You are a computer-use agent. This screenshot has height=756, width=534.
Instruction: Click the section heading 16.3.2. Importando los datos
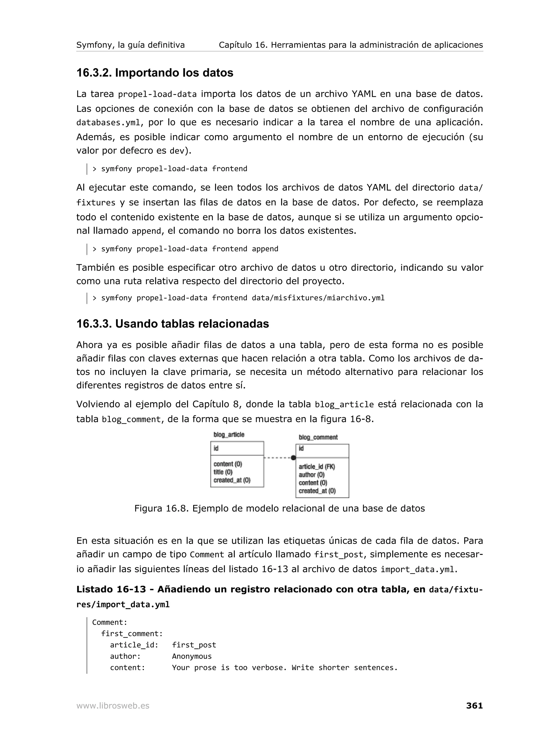tap(155, 73)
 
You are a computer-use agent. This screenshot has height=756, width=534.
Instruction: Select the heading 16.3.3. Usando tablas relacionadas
tap(172, 324)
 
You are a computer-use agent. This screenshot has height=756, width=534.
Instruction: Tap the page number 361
tap(474, 705)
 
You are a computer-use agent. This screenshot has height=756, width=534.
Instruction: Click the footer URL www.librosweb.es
tap(113, 706)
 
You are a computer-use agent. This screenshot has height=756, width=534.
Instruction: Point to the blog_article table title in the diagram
tap(229, 435)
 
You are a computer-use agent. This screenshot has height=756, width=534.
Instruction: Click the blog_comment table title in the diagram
tap(318, 437)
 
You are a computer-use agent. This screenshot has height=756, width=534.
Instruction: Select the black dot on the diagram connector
tap(293, 458)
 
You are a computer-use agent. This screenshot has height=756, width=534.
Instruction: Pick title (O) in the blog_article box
tap(223, 472)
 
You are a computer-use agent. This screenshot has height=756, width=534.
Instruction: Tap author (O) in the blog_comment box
tap(312, 475)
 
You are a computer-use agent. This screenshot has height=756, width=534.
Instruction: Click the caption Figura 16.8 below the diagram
tap(279, 508)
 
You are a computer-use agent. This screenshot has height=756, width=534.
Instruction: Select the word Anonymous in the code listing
tap(192, 656)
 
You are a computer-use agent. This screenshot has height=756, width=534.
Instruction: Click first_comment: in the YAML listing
tap(132, 633)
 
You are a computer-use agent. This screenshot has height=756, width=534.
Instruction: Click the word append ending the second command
tap(265, 249)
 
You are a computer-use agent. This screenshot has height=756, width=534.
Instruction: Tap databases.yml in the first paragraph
tap(108, 123)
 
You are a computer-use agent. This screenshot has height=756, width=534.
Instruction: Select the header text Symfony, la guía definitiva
tap(130, 45)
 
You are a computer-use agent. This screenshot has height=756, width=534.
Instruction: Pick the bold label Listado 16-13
tap(111, 589)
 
